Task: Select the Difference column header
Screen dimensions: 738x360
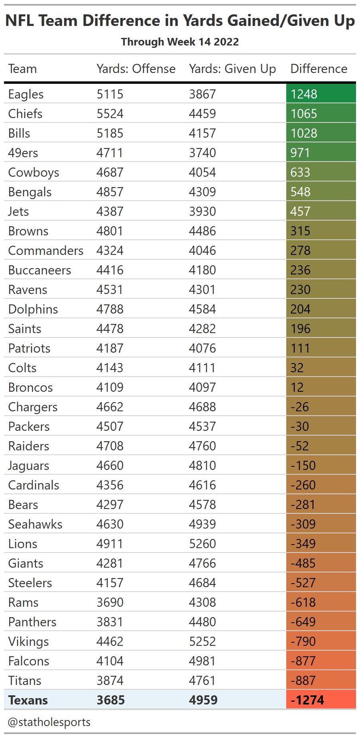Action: tap(319, 69)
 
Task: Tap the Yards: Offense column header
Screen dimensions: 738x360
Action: tap(136, 69)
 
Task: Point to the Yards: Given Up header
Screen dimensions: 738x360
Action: tap(232, 69)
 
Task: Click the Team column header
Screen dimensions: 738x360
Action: tap(22, 69)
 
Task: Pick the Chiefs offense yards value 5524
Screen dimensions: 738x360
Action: tap(110, 113)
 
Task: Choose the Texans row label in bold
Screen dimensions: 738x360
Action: tap(28, 700)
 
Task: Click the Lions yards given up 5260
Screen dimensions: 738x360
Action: tap(202, 543)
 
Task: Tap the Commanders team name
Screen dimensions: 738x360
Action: tap(46, 250)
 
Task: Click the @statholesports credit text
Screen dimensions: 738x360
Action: tap(49, 722)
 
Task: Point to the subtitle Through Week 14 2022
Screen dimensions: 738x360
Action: tap(180, 42)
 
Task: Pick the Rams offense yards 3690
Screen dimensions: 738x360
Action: tap(110, 602)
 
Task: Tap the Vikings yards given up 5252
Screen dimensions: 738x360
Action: tap(202, 641)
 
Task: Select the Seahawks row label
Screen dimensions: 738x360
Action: tap(35, 524)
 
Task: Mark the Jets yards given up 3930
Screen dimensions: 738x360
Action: tap(202, 211)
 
